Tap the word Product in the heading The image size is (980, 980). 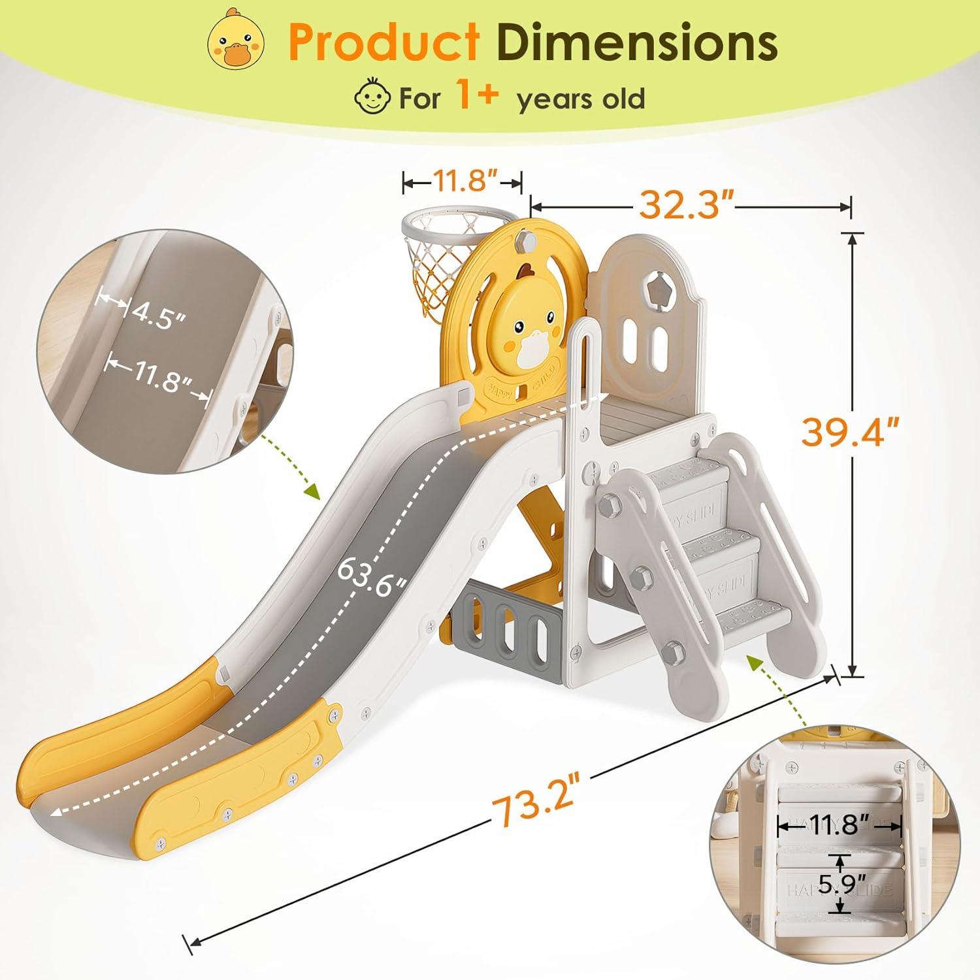click(384, 42)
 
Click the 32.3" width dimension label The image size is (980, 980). click(686, 206)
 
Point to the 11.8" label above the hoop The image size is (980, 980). click(463, 181)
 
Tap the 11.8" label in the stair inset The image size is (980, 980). click(839, 825)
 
